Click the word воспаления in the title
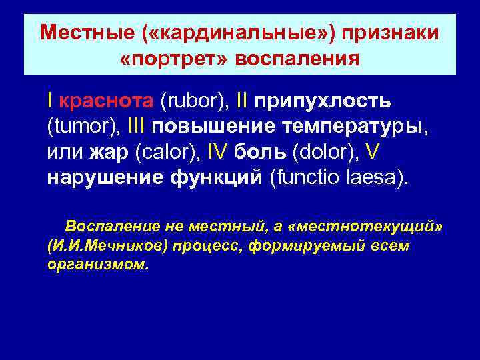[x=297, y=59]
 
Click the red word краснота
[x=107, y=101]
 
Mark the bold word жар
[x=109, y=153]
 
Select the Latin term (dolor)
[x=325, y=153]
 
